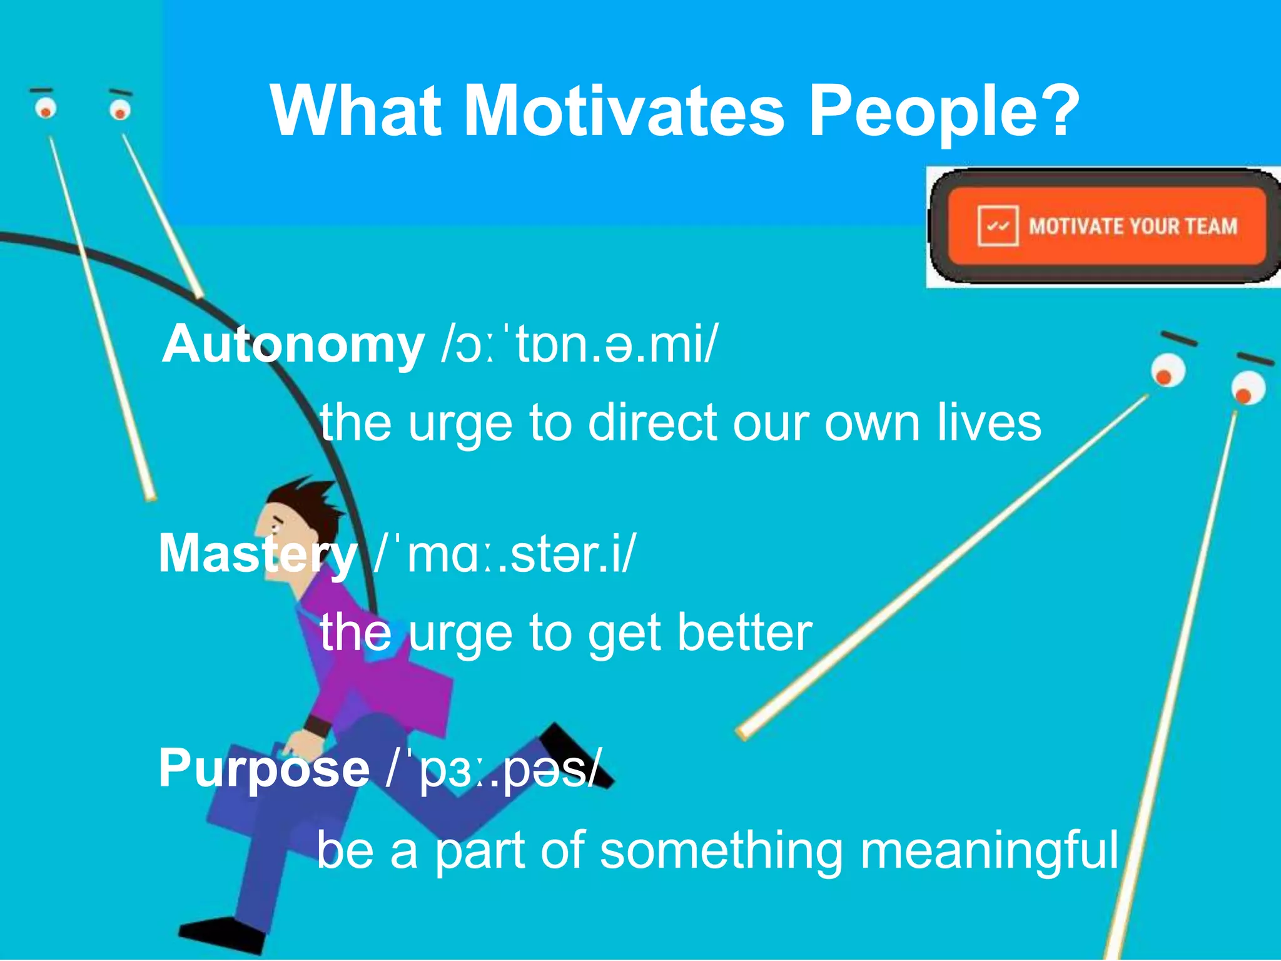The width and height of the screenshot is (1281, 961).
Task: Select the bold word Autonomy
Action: [293, 344]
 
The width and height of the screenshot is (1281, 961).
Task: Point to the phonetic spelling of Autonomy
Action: [579, 344]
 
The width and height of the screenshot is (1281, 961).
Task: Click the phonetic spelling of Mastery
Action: [504, 554]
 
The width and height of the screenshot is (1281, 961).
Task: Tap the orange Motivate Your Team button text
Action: [1133, 226]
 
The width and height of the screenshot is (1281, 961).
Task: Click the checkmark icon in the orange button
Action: [998, 226]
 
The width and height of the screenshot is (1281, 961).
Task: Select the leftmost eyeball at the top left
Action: [45, 108]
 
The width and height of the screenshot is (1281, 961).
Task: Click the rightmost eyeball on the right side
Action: [1248, 388]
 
